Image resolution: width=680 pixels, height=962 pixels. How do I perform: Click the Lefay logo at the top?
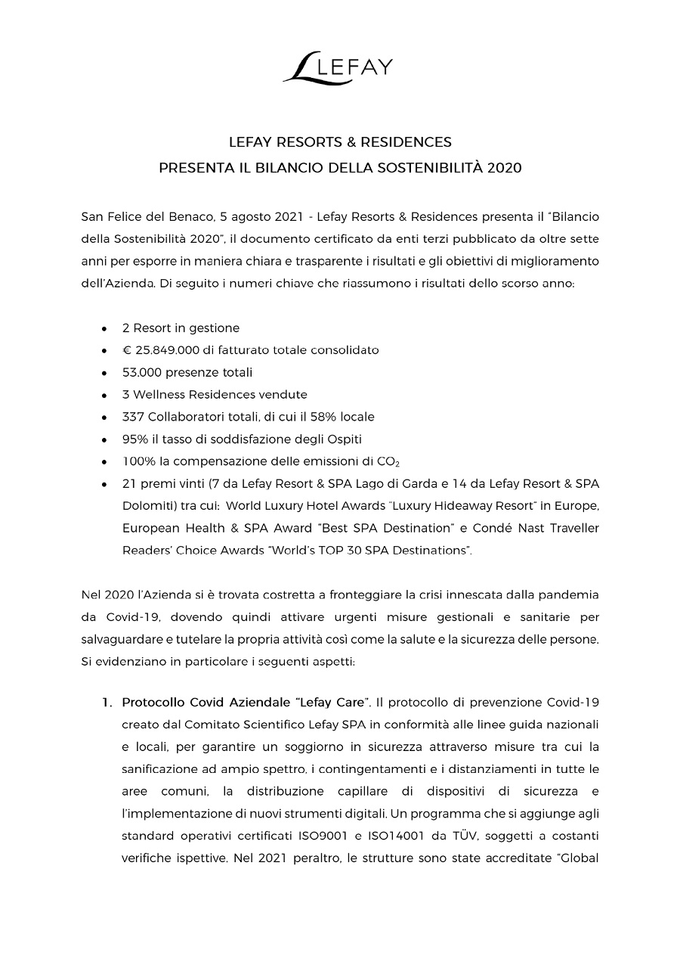coord(338,66)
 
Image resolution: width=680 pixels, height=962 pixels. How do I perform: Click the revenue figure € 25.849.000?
coord(160,350)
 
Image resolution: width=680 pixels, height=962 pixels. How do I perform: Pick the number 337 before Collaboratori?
coord(133,417)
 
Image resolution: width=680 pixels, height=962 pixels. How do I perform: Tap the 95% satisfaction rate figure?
coord(134,439)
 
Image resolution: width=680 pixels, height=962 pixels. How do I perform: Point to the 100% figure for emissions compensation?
coord(138,461)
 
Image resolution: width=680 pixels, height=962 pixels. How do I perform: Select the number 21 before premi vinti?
coord(128,483)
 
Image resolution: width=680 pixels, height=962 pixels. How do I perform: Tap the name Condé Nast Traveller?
coord(546,527)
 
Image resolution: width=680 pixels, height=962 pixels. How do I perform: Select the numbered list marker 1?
coord(107,703)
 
